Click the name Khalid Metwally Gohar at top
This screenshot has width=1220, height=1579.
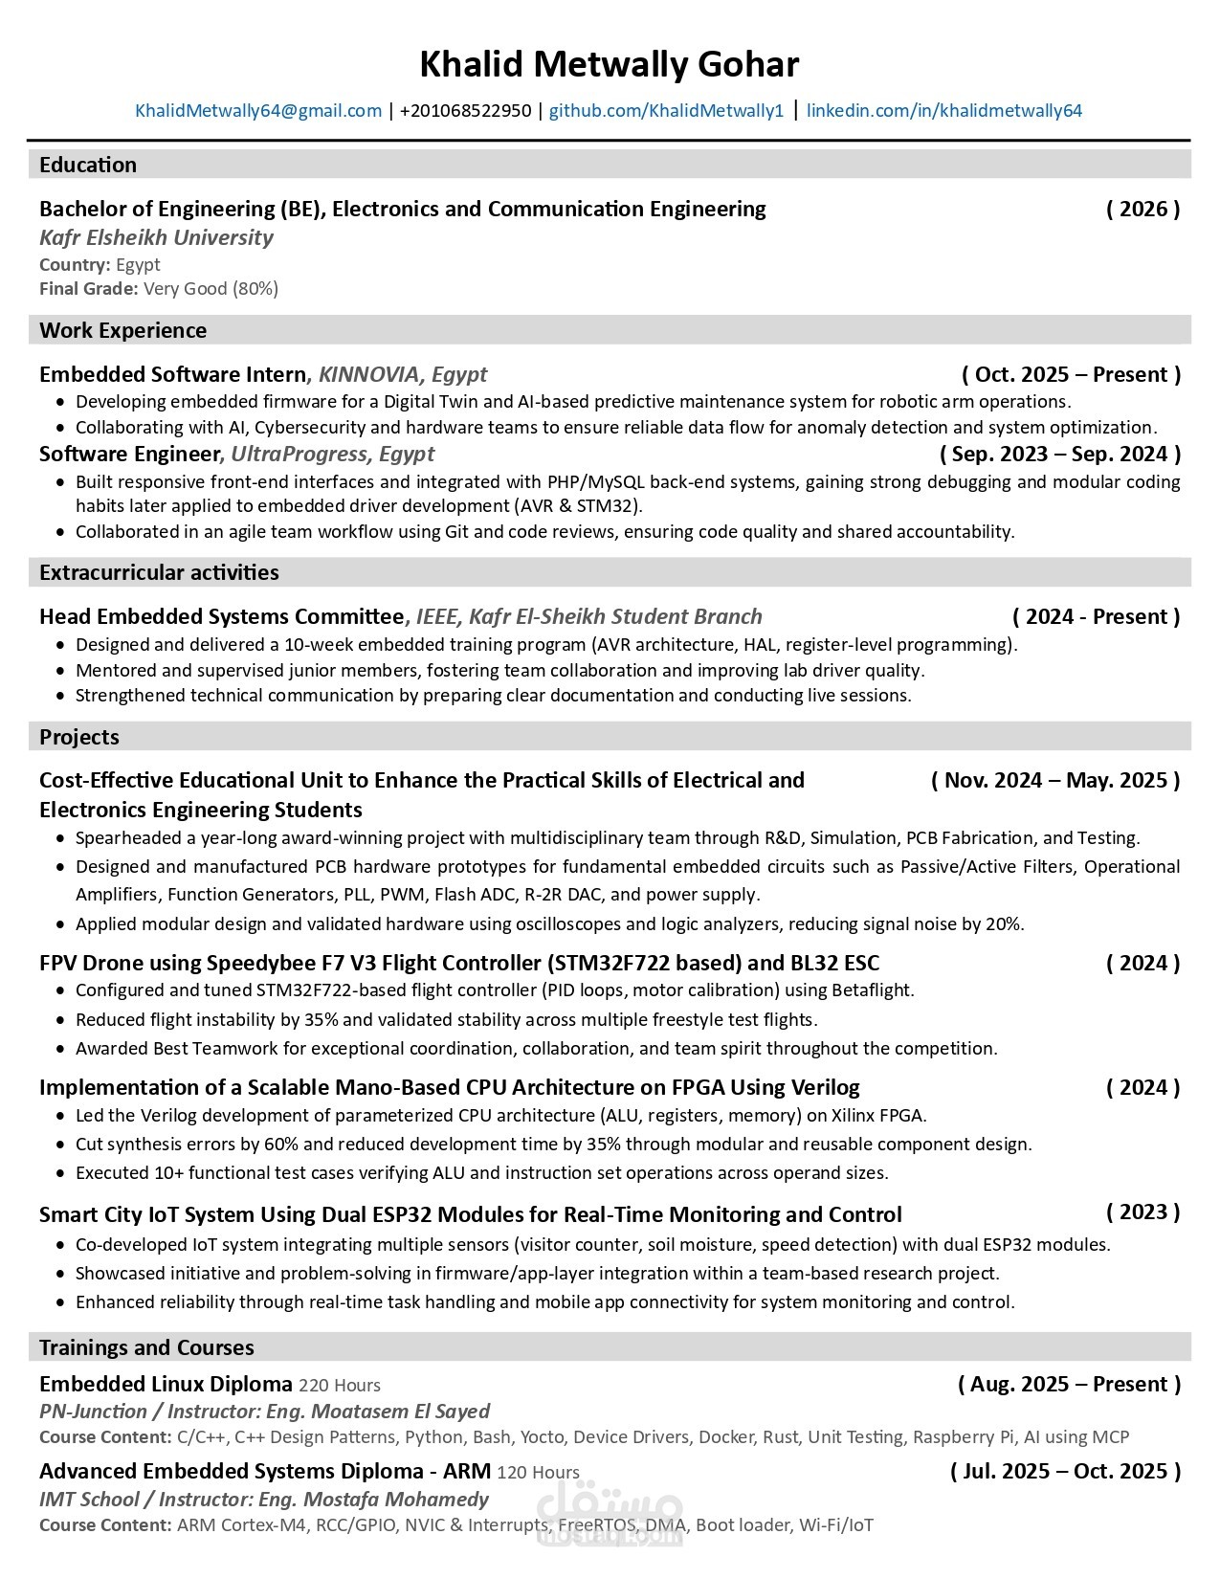click(609, 65)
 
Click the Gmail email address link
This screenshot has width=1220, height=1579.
click(258, 111)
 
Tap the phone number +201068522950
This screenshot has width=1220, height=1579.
click(465, 111)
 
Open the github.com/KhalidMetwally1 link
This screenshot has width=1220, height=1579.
click(666, 111)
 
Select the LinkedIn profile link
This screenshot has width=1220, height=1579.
click(943, 111)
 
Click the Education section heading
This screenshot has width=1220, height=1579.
click(88, 165)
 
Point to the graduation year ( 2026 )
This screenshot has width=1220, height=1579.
click(1142, 209)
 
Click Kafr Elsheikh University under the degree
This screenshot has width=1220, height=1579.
click(156, 237)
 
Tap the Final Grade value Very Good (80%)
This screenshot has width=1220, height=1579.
click(211, 289)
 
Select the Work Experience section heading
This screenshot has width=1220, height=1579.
click(122, 330)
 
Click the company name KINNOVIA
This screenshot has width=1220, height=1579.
click(368, 374)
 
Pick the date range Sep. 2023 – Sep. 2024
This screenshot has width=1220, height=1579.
click(1060, 454)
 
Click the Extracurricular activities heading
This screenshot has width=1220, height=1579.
click(159, 572)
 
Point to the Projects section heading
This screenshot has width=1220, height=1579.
click(79, 737)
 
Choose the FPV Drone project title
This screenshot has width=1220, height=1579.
click(459, 963)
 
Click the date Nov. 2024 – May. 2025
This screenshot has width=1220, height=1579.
click(1055, 780)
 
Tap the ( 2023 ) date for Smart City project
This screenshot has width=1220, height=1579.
click(1142, 1212)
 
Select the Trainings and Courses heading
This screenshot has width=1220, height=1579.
click(146, 1347)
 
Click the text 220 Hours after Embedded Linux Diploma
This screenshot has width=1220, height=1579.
click(340, 1386)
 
